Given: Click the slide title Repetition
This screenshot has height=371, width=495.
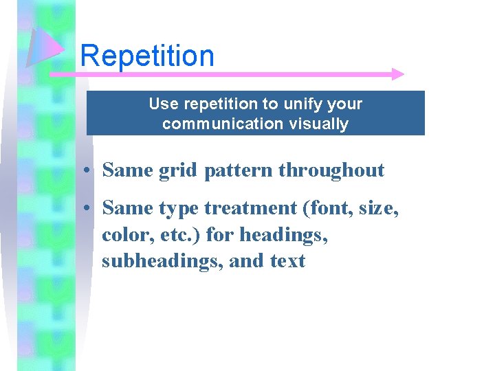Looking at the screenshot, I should point(147,56).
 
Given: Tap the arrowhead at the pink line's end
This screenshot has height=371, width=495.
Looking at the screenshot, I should point(397,74).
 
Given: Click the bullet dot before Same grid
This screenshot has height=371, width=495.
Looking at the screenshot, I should point(90,170).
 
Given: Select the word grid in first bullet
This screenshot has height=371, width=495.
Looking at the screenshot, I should point(177,170).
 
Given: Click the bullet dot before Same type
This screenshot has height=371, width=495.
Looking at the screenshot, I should point(90,207).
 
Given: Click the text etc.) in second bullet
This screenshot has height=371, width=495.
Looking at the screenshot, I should point(177,234).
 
